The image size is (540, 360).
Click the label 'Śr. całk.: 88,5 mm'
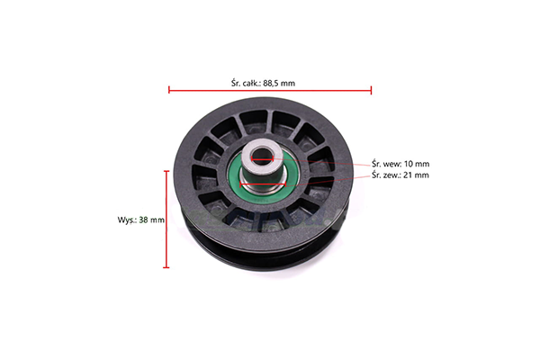263,83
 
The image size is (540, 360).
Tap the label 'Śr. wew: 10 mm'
400,164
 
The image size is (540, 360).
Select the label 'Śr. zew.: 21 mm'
400,175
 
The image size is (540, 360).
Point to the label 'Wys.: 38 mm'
141,220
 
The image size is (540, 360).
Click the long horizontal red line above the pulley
270,90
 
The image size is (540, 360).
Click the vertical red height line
166,219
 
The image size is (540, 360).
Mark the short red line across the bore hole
263,158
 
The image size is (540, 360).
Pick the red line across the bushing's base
263,184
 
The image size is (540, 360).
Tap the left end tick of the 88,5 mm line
169,90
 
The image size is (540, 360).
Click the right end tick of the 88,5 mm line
371,90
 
